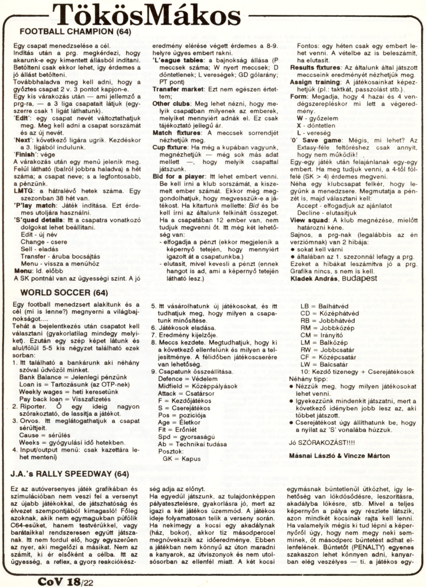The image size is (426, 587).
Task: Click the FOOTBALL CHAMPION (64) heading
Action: click(75, 32)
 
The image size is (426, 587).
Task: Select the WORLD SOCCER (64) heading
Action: click(64, 293)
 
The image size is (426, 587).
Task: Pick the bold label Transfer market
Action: click(178, 89)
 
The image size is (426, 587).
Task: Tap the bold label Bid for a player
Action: click(178, 177)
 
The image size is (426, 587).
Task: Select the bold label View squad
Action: click(309, 220)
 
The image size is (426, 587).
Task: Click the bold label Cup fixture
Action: click(170, 147)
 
